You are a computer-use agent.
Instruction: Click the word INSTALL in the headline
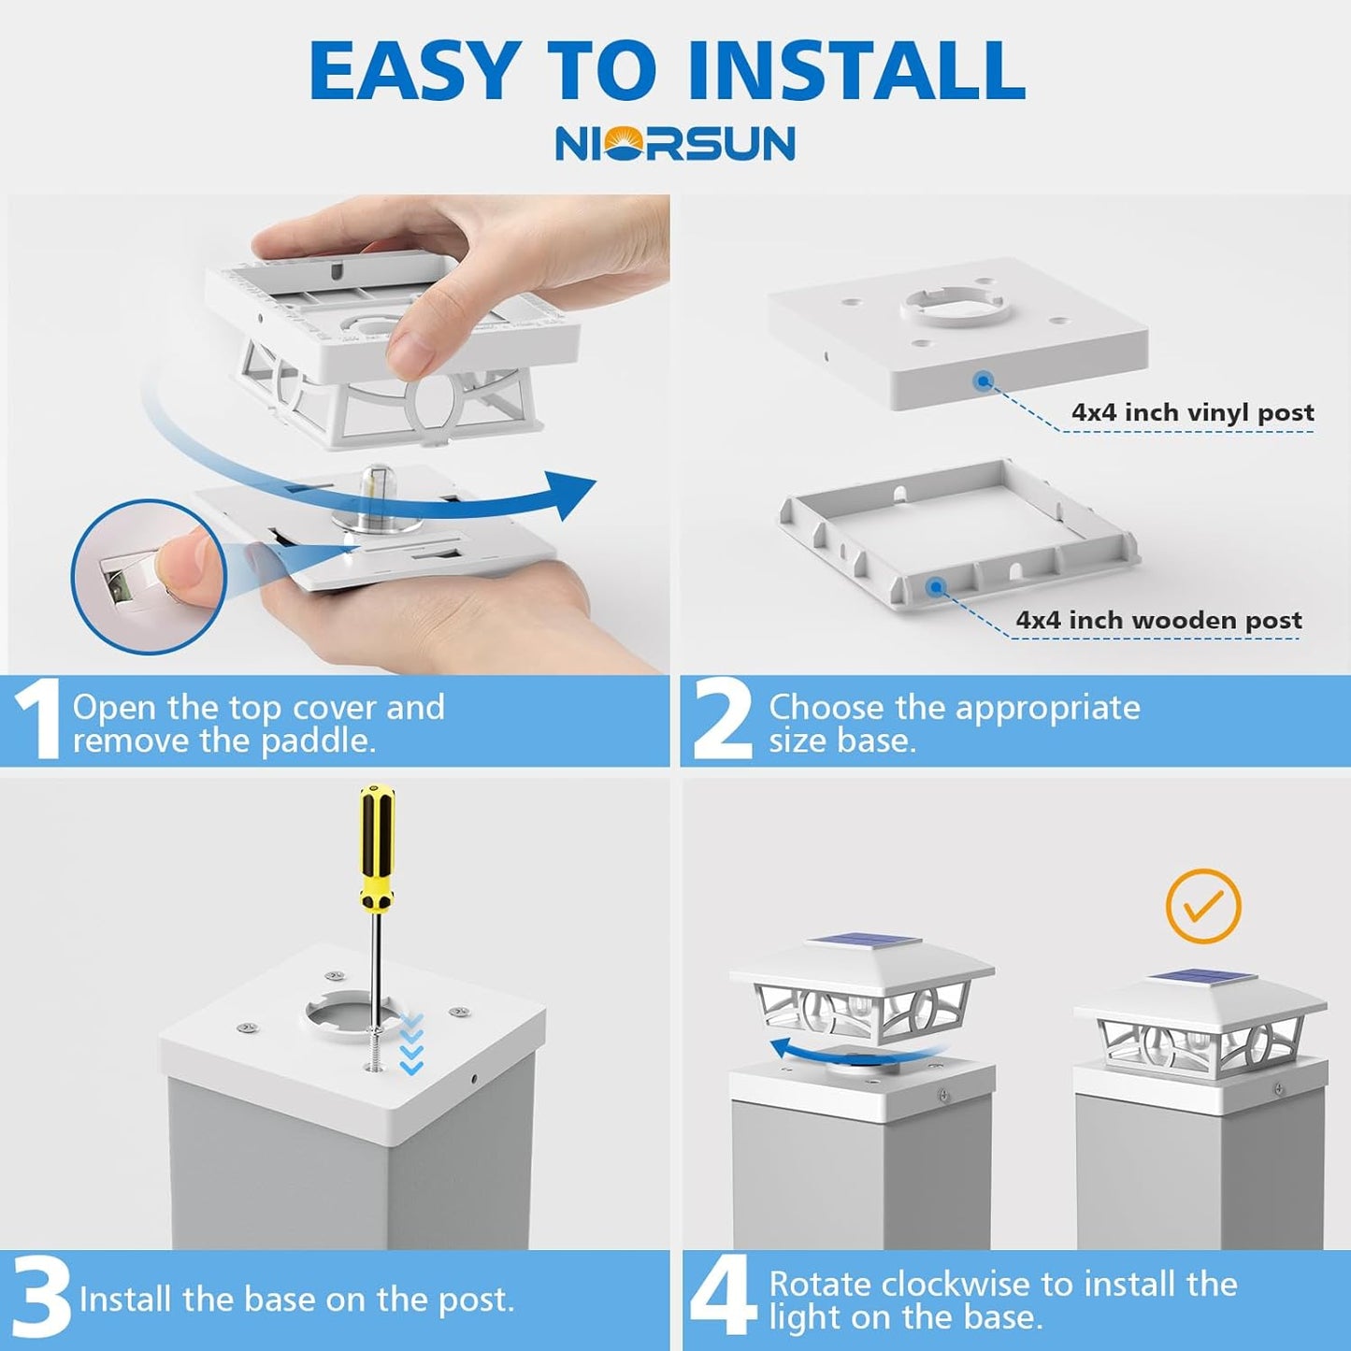856,72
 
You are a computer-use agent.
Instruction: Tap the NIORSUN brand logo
675,143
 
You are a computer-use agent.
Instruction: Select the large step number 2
722,722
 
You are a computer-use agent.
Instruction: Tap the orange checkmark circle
1203,907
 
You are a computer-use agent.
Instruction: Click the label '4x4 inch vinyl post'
1193,412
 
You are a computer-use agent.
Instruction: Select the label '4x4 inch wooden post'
1159,620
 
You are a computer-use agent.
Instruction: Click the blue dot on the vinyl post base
985,381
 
